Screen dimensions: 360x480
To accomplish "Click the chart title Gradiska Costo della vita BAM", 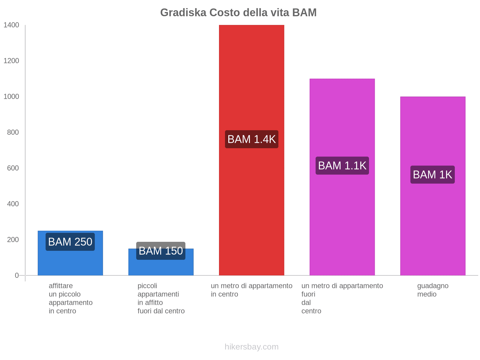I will pos(238,13).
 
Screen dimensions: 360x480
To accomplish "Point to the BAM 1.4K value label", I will pos(251,139).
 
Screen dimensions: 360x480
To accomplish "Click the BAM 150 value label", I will pos(161,251).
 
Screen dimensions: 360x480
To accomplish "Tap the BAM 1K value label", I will pos(432,175).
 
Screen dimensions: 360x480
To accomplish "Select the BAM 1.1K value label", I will pos(342,166).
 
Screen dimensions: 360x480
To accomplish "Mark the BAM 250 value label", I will pos(70,242).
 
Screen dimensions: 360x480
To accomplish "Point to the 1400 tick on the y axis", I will pos(11,25).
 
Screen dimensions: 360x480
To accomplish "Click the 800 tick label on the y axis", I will pos(13,132).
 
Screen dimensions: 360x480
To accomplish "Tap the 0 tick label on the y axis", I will pos(17,275).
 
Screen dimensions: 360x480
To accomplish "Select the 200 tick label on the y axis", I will pos(13,240).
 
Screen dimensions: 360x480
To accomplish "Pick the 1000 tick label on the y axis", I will pos(11,97).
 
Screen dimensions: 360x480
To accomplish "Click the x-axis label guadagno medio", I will pos(433,290).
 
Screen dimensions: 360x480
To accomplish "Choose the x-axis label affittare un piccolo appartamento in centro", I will pos(70,298).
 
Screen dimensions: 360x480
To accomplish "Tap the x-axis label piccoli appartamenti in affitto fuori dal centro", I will pos(161,298).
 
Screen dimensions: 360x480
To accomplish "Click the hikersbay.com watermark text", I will pos(251,347).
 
